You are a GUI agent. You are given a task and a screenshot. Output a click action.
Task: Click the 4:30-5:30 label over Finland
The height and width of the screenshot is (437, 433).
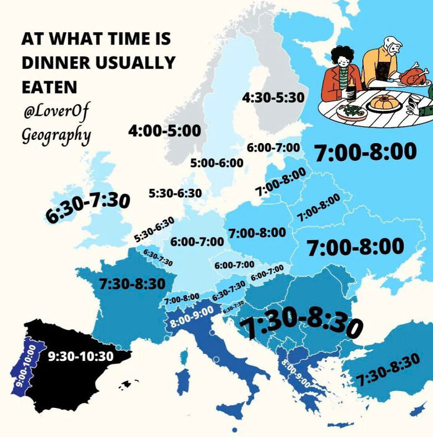(274, 97)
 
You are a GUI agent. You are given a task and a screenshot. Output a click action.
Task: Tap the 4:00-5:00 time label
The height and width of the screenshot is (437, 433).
(165, 131)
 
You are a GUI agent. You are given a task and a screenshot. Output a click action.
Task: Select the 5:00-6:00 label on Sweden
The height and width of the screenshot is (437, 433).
(216, 163)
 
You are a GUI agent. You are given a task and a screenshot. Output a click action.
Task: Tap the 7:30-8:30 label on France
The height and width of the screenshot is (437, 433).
(132, 283)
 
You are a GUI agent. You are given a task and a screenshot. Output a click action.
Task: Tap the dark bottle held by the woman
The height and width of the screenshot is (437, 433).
(351, 92)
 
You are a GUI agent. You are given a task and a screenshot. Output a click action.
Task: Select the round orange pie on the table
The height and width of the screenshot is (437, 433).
(384, 102)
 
